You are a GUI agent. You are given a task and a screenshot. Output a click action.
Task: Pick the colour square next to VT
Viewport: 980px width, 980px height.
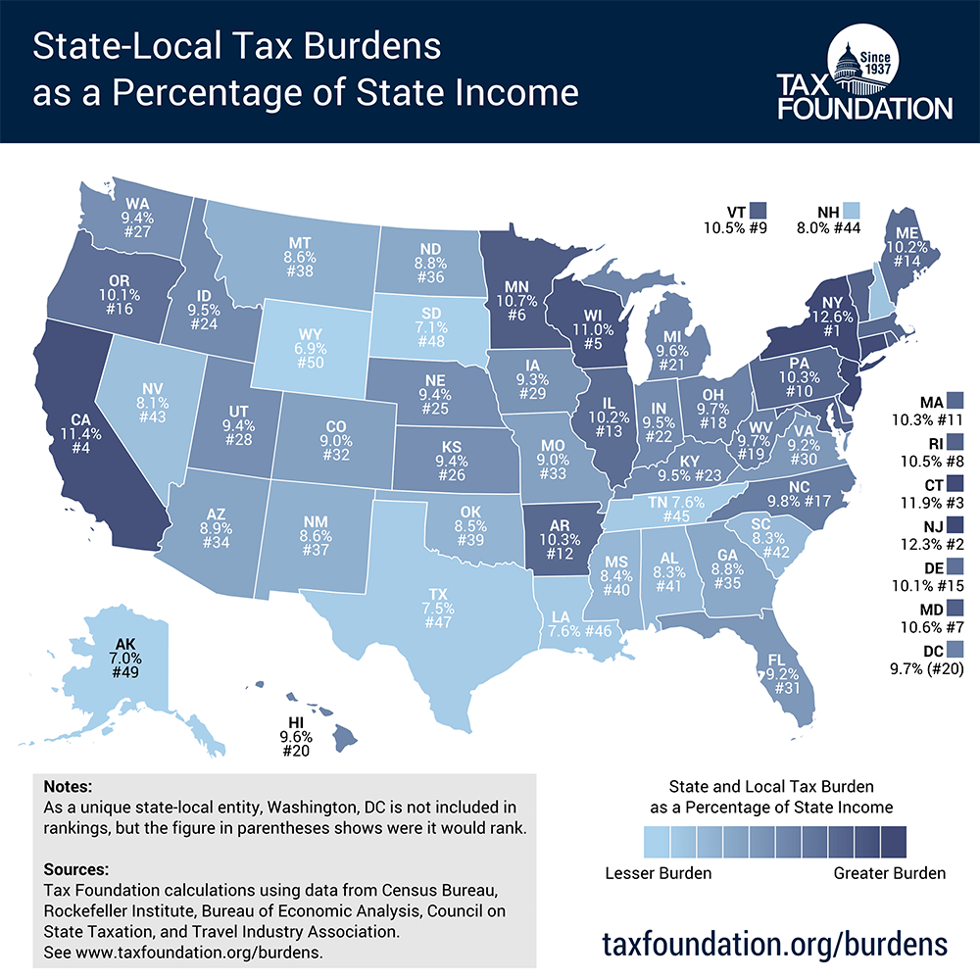759,211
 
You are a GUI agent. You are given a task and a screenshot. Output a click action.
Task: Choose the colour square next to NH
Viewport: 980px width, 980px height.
853,211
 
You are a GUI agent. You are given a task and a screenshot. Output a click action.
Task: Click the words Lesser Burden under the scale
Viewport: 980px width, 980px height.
657,873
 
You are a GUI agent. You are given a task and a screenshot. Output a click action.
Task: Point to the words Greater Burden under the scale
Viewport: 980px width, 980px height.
889,873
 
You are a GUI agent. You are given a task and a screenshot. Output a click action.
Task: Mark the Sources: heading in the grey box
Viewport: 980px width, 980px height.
76,869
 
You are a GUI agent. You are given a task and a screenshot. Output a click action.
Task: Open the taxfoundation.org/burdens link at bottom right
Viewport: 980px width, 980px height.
774,943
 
